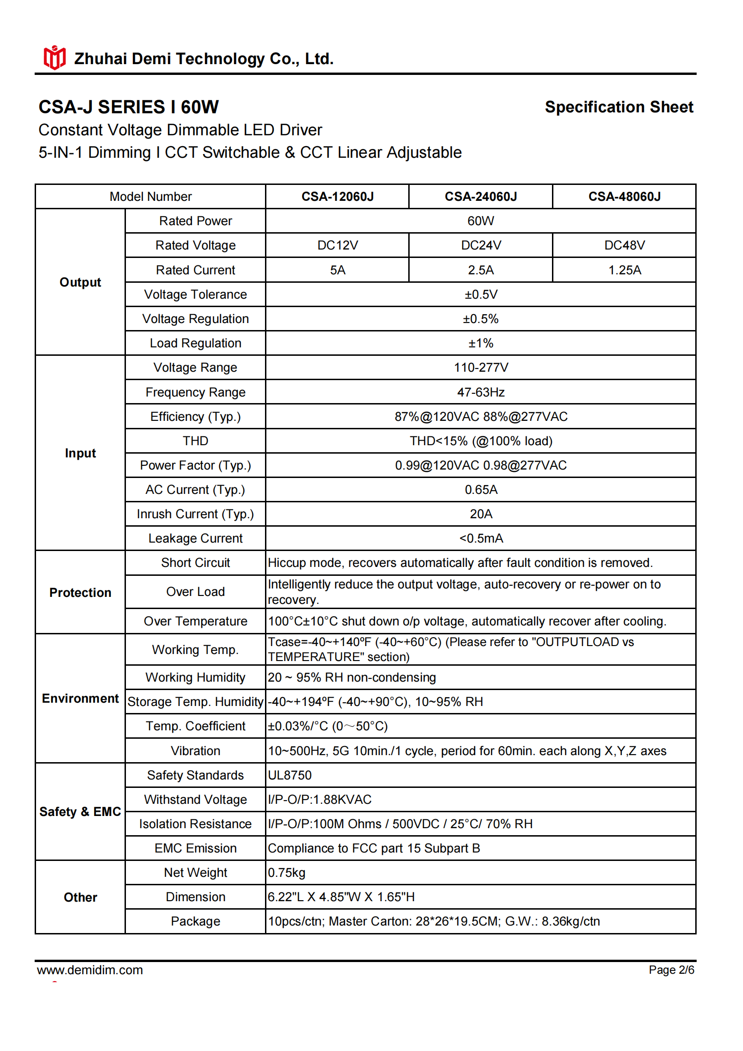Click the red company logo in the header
point(55,58)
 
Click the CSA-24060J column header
point(481,197)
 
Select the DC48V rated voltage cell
point(625,245)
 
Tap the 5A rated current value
point(338,270)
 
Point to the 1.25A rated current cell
point(625,270)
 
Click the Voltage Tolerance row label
point(195,294)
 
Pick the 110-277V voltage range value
point(481,367)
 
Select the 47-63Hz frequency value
point(481,392)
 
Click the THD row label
point(195,441)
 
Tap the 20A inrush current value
point(481,514)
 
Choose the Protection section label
point(81,593)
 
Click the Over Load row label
point(195,592)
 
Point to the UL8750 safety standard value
point(290,775)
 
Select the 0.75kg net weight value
point(287,873)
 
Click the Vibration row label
point(195,751)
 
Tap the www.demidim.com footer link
point(90,970)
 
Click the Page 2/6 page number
point(671,970)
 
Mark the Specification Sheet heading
point(619,107)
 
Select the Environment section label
point(81,698)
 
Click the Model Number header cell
point(150,197)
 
